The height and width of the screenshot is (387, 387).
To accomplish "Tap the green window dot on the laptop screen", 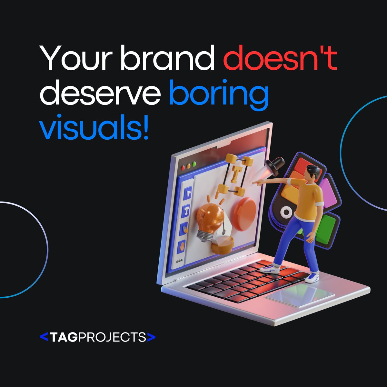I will pos(194,164).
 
